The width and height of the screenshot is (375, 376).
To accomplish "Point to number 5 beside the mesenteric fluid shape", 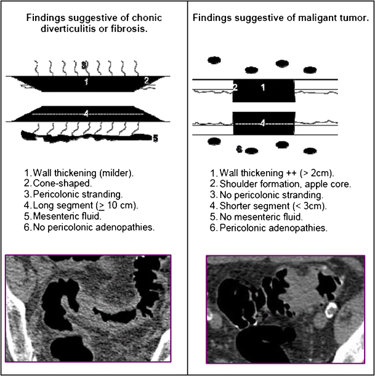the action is point(155,138).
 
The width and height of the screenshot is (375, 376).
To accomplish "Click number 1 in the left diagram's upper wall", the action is point(87,81).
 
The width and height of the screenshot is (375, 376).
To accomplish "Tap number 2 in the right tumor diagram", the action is point(235,88).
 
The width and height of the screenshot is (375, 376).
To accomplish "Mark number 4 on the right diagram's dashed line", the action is point(263,123).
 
